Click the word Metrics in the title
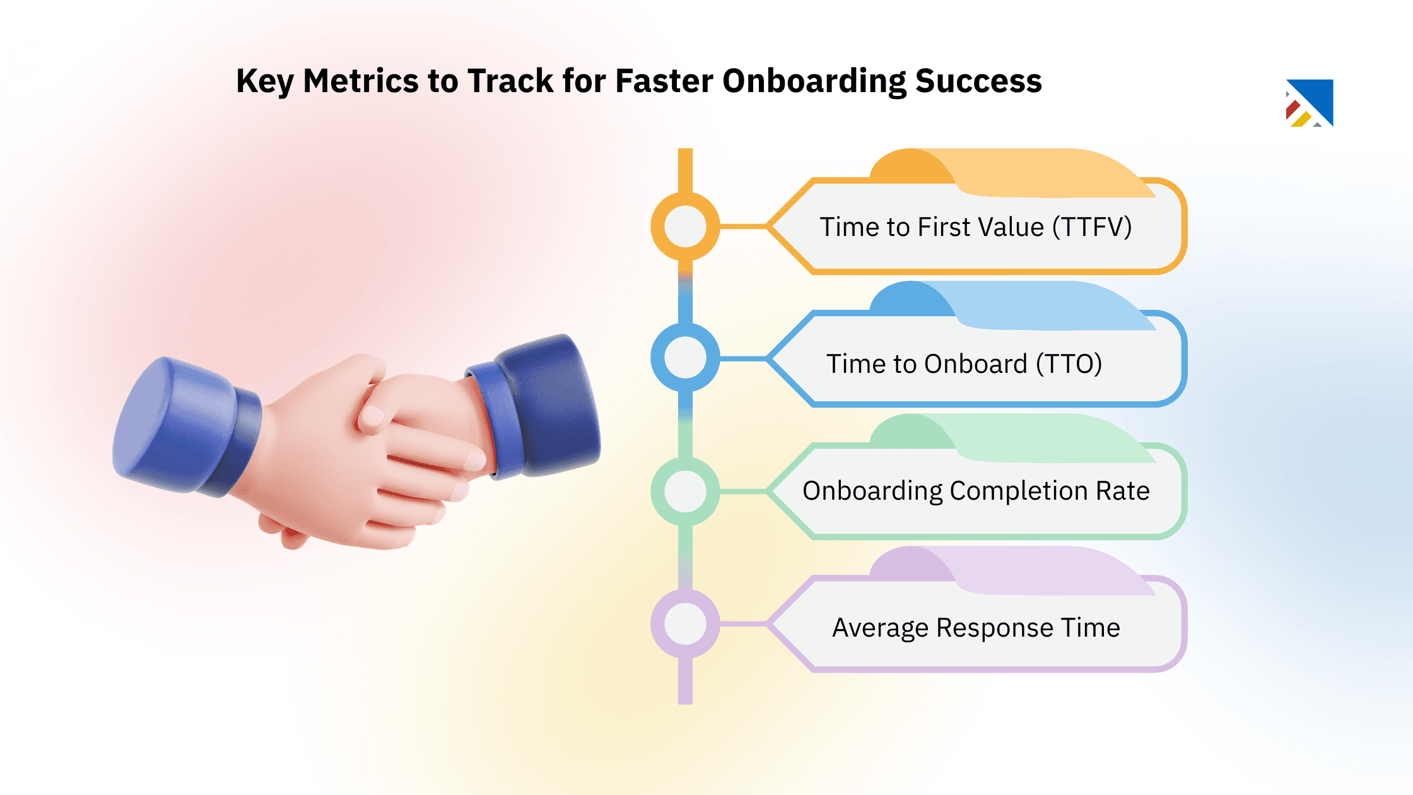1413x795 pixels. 361,81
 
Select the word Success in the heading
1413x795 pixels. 978,81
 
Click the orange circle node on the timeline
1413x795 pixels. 685,226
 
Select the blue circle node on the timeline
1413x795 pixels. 685,358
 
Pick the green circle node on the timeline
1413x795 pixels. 685,491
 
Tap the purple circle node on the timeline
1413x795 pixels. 685,623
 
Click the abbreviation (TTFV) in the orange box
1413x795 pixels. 1091,227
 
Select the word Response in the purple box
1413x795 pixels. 994,628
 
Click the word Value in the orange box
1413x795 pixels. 1011,227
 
